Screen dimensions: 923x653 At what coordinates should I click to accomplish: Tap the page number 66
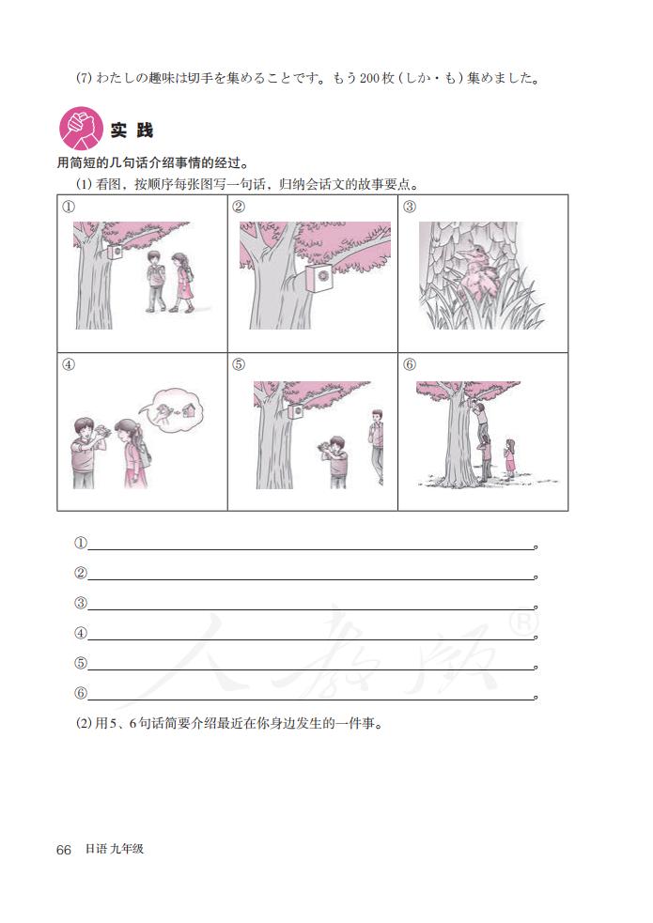coord(64,849)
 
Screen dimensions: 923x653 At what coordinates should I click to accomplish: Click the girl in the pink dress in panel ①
coord(183,282)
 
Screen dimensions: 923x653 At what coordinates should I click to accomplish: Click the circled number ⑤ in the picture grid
coord(239,364)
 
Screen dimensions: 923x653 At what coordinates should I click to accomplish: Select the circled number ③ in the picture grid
coord(409,207)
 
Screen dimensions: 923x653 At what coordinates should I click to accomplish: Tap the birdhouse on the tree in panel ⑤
coord(295,412)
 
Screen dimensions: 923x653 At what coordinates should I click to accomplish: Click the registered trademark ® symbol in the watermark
coord(544,623)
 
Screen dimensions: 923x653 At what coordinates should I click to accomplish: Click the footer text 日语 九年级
coord(114,849)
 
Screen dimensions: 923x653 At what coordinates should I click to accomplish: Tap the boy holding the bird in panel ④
coord(83,451)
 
